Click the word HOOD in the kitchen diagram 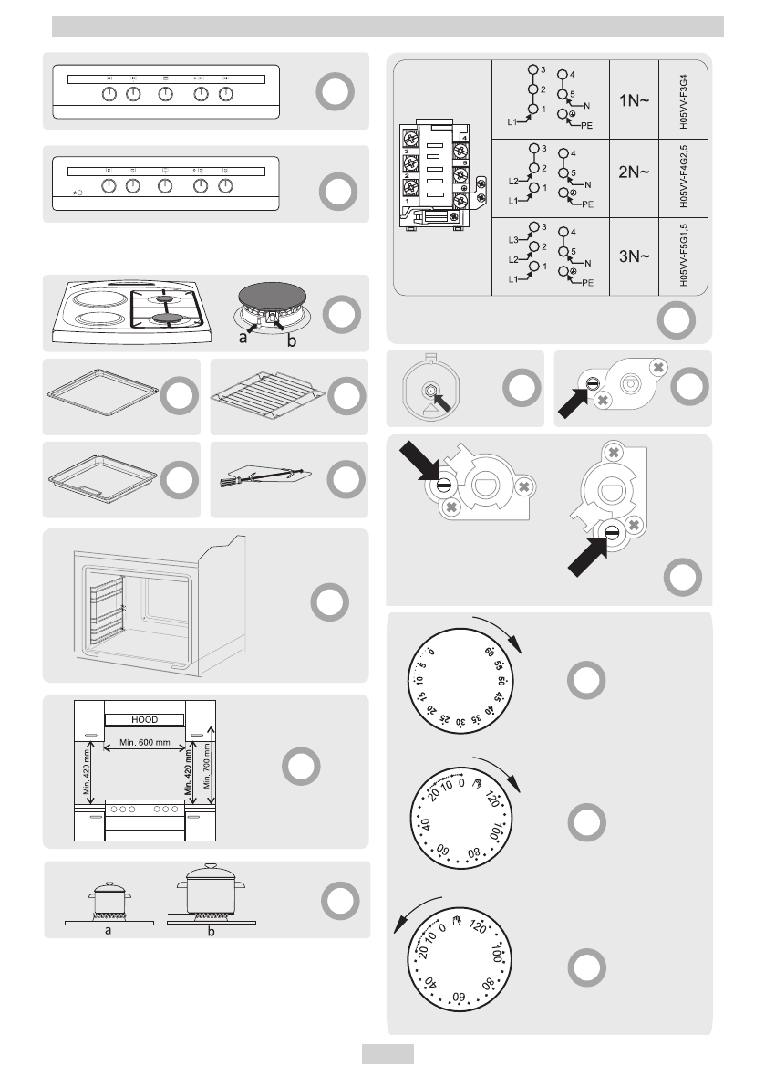point(145,719)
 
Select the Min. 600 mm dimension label point(146,743)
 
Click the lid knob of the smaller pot point(110,883)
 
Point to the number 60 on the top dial point(491,654)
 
